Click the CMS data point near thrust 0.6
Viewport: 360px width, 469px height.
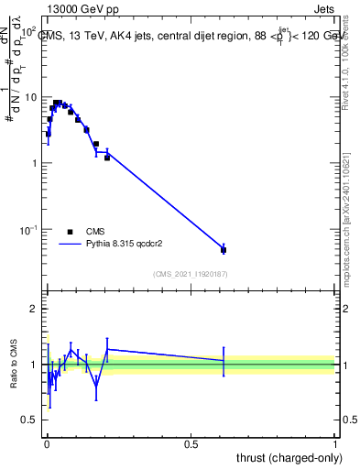(224, 249)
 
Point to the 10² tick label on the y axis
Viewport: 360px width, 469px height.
(28, 31)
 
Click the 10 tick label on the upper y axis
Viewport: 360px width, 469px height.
(30, 97)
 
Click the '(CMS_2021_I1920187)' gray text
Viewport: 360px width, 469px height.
(191, 273)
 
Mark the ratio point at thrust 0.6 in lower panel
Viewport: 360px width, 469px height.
(224, 361)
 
